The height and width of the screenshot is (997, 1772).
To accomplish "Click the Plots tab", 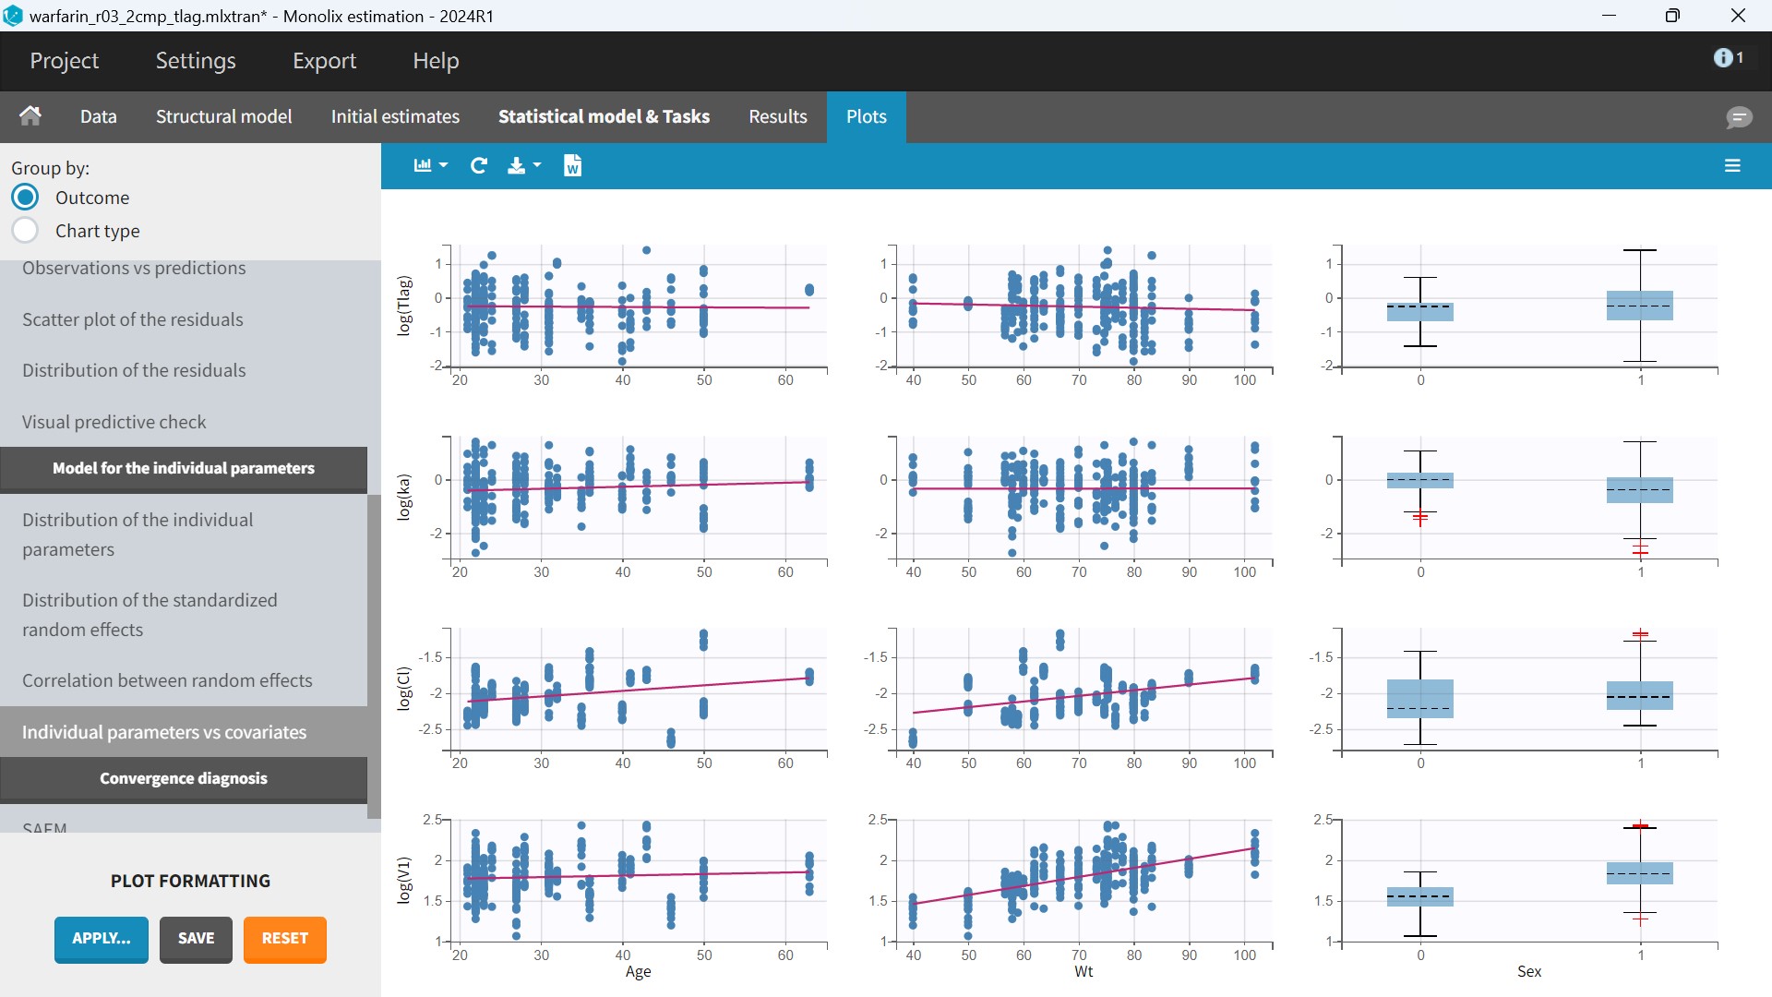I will pyautogui.click(x=866, y=116).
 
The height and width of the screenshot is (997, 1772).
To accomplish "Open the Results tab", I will pyautogui.click(x=777, y=116).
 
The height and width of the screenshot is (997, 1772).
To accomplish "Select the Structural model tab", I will pyautogui.click(x=223, y=116).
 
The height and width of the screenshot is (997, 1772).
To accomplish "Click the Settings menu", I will pyautogui.click(x=196, y=61).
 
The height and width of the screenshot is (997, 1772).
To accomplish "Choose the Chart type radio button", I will pyautogui.click(x=26, y=231).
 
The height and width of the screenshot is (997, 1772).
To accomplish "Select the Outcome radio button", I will pyautogui.click(x=26, y=198).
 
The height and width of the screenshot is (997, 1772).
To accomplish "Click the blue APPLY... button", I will pyautogui.click(x=102, y=939).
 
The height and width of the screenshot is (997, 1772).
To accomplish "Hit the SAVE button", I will pyautogui.click(x=196, y=939).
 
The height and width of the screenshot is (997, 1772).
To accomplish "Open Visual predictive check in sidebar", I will pyautogui.click(x=114, y=422).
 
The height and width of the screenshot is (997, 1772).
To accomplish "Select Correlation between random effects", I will pyautogui.click(x=167, y=680).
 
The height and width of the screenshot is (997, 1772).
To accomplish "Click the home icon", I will pyautogui.click(x=30, y=115).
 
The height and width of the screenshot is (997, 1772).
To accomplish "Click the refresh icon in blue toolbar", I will pyautogui.click(x=478, y=165).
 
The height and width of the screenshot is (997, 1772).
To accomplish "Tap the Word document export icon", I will pyautogui.click(x=572, y=165).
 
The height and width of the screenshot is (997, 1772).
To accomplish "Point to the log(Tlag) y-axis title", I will pyautogui.click(x=403, y=306).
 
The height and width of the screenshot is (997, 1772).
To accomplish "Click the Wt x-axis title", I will pyautogui.click(x=1084, y=971).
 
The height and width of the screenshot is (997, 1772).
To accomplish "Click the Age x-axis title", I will pyautogui.click(x=638, y=971).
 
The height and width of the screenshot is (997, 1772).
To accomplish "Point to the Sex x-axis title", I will pyautogui.click(x=1529, y=971).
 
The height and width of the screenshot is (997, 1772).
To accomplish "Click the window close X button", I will pyautogui.click(x=1738, y=16).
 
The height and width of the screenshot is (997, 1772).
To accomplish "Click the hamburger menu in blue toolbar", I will pyautogui.click(x=1732, y=165).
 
